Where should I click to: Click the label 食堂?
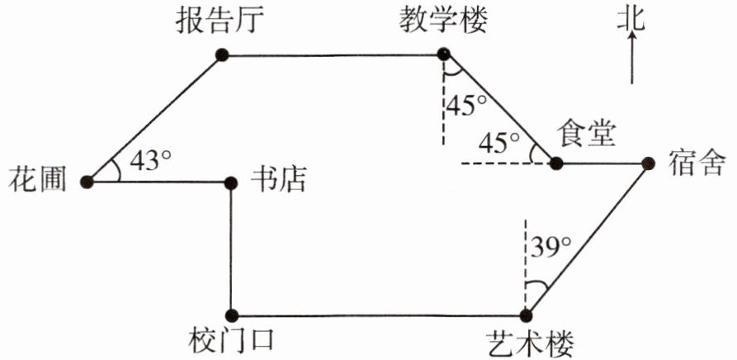587,133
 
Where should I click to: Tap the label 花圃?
35,179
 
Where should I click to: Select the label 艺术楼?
528,341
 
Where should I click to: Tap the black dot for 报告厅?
220,54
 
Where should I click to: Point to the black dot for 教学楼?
444,54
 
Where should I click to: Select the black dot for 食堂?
556,163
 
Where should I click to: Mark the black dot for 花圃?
88,179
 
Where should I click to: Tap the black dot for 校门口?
232,314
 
